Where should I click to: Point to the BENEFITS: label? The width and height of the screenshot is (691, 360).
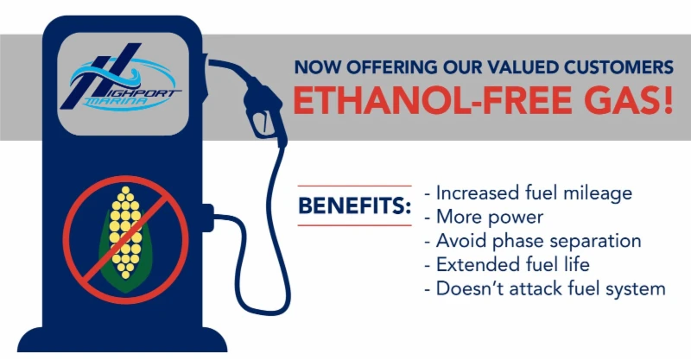tap(354, 206)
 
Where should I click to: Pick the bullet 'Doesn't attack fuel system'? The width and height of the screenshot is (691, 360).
tap(545, 288)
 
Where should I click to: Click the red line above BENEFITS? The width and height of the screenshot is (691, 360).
tap(354, 186)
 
